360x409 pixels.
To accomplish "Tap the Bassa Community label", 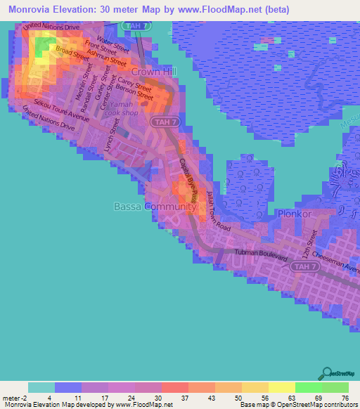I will pos(155,207).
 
